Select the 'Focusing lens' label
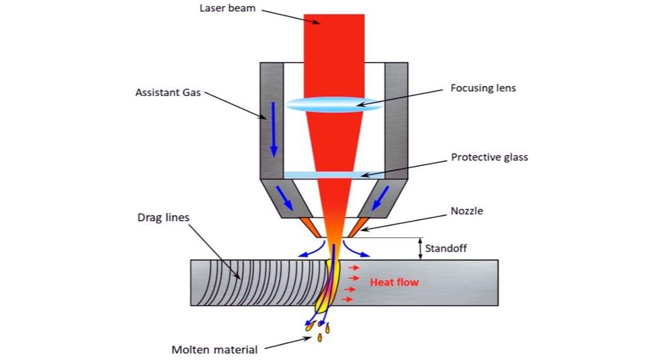[483, 88]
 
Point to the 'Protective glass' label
[489, 157]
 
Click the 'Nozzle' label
[466, 211]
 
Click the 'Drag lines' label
[163, 218]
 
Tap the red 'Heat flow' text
[394, 282]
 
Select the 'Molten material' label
[214, 349]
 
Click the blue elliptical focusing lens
[334, 104]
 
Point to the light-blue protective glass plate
[334, 175]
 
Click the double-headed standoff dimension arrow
[421, 249]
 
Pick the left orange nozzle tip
[311, 227]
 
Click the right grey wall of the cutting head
[396, 121]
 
